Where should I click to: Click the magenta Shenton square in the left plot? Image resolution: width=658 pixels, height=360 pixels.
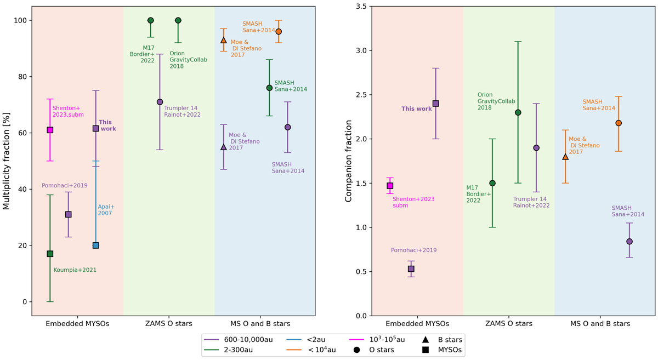(50, 130)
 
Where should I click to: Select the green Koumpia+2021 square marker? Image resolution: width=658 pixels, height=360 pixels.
(50, 254)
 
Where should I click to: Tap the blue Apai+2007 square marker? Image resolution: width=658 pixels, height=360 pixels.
(96, 245)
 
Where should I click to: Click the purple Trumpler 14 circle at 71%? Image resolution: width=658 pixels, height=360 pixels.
(160, 102)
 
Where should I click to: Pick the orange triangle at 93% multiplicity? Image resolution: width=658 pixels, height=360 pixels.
(224, 40)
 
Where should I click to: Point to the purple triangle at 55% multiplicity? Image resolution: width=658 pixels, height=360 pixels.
(224, 147)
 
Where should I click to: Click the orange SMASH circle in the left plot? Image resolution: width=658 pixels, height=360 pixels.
(279, 32)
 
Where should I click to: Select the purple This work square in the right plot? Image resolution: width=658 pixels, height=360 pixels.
(436, 104)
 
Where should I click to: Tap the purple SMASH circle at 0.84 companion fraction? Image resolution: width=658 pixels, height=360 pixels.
(629, 242)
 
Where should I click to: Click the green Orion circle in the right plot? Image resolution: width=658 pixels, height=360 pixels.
(518, 112)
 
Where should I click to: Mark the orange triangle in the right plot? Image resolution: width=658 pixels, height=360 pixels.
(565, 157)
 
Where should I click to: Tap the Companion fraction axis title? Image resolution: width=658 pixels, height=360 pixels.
(348, 161)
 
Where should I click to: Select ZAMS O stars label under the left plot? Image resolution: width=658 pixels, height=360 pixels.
(169, 324)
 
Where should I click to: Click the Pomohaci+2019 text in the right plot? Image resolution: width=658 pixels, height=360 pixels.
(413, 250)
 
